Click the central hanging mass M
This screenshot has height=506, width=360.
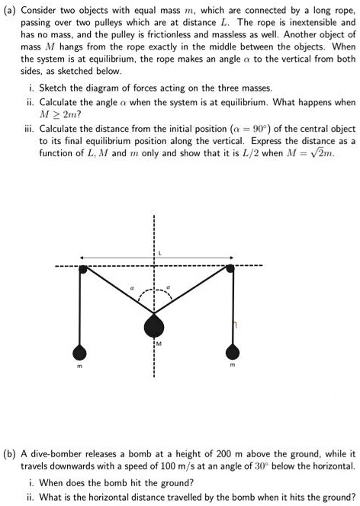pyautogui.click(x=155, y=327)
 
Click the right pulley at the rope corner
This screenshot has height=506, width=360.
pyautogui.click(x=233, y=267)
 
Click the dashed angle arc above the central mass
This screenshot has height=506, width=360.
pyautogui.click(x=155, y=290)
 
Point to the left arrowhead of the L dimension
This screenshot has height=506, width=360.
pyautogui.click(x=82, y=255)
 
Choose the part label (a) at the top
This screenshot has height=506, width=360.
pyautogui.click(x=11, y=11)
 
